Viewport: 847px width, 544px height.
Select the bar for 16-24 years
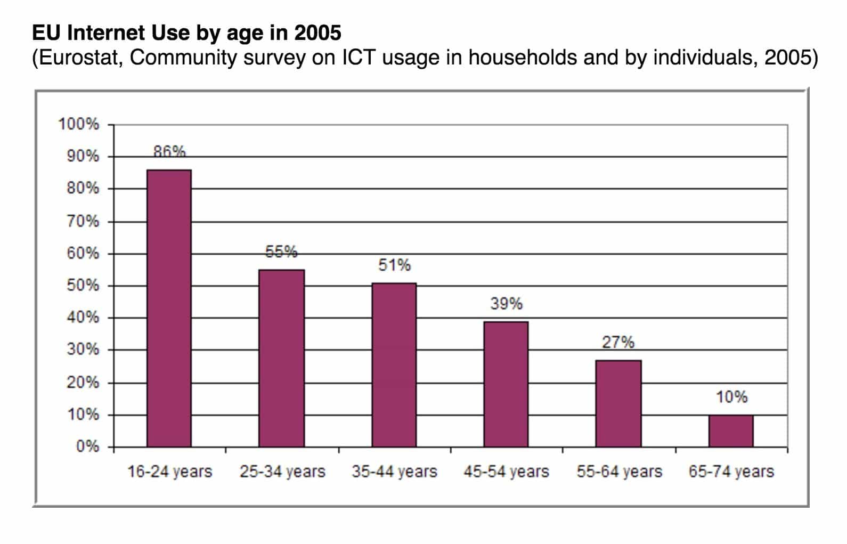point(169,308)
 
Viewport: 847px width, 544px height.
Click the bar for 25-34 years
point(282,358)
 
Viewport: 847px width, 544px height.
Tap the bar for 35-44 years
point(394,364)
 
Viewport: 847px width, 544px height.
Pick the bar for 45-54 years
point(506,384)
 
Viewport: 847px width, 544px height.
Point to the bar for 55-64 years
point(618,404)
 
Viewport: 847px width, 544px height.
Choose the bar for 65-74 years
point(731,431)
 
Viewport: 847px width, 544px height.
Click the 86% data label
point(169,152)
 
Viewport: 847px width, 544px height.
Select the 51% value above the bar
point(394,265)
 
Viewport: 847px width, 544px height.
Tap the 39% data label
point(506,303)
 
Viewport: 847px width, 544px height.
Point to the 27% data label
point(618,343)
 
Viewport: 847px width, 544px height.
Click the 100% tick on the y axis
point(79,124)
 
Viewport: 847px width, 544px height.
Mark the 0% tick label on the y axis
point(88,446)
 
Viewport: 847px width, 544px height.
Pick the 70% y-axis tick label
point(83,221)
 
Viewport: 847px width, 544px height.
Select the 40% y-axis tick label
point(83,318)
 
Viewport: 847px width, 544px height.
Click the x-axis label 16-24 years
point(170,472)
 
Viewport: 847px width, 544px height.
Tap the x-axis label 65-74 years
point(731,472)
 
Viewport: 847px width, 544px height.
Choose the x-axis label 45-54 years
point(506,472)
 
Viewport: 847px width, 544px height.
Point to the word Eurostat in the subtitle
point(80,58)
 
